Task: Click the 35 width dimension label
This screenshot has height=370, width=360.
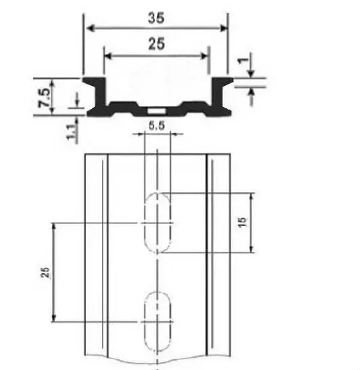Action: (x=156, y=18)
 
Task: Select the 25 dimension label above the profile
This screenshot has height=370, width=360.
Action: (x=156, y=44)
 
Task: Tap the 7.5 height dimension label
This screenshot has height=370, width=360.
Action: (x=45, y=97)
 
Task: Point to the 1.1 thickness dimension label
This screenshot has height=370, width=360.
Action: (x=72, y=132)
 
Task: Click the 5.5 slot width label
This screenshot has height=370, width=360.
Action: (x=156, y=126)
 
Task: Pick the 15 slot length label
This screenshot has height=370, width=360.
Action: (x=242, y=222)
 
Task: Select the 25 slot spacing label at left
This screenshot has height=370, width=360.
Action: (x=45, y=273)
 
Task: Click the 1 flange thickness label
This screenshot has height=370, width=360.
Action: (x=244, y=60)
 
